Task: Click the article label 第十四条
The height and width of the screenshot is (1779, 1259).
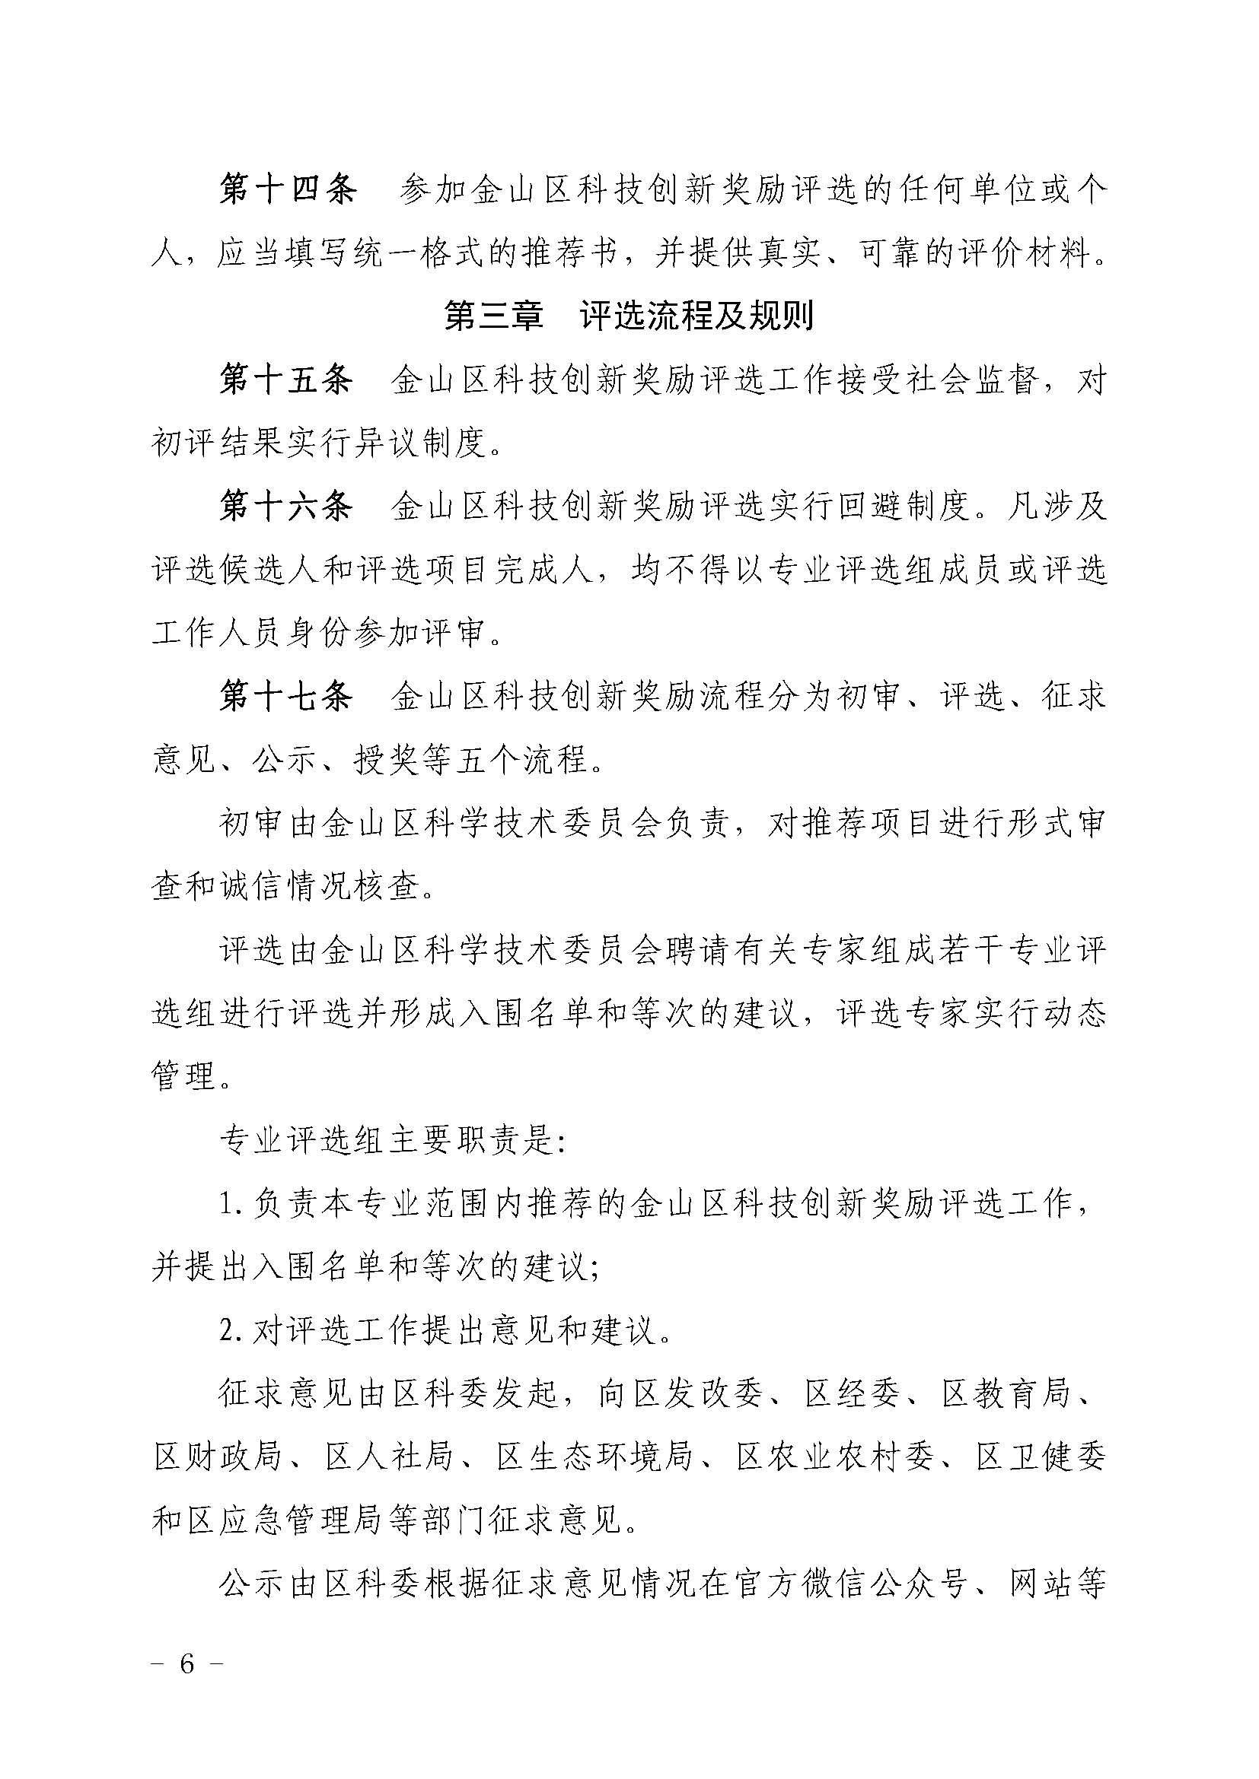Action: [287, 191]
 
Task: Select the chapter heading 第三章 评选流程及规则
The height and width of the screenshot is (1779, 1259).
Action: [629, 317]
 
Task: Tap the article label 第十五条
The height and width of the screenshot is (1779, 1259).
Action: [287, 380]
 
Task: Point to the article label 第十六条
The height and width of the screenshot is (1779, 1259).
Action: [287, 507]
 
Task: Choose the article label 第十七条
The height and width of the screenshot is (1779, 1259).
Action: [287, 697]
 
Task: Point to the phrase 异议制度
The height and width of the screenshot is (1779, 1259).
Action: [419, 444]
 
